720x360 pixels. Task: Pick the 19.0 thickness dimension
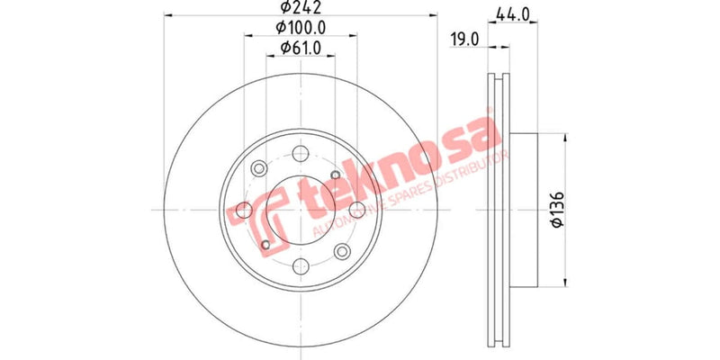point(464,39)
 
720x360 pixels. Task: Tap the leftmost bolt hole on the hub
point(243,210)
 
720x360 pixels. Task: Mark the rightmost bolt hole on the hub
point(357,210)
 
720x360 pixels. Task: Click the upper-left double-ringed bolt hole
point(259,167)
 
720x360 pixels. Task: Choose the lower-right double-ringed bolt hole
point(342,252)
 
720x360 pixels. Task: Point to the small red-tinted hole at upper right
point(335,175)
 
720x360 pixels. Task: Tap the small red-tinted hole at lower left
point(265,245)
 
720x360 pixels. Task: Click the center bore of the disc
point(300,210)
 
